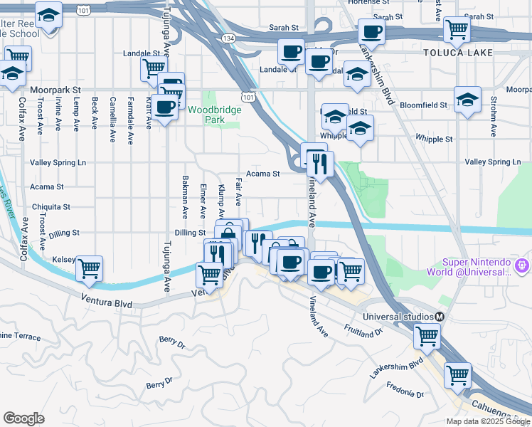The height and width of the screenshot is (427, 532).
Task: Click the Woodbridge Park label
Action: [215, 115]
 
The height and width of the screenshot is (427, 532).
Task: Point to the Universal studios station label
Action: [398, 317]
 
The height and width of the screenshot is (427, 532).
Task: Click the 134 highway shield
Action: [228, 38]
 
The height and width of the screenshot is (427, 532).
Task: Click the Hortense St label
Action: [363, 2]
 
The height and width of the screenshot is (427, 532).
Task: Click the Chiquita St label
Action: [50, 207]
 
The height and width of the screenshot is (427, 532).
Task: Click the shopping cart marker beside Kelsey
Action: [90, 268]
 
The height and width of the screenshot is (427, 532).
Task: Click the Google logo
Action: [23, 418]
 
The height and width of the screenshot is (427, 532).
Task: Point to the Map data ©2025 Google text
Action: [488, 421]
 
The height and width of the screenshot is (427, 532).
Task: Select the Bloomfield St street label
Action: [424, 105]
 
